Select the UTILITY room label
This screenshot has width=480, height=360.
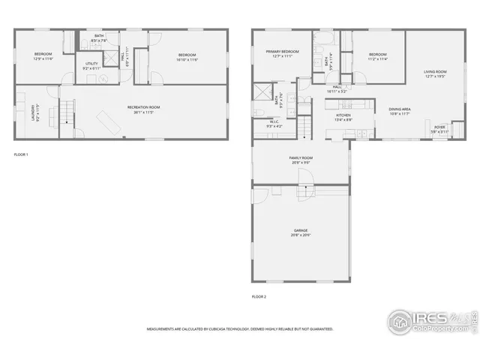click(91, 64)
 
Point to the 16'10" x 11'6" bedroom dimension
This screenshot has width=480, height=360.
click(187, 59)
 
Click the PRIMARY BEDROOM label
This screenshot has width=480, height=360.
click(281, 52)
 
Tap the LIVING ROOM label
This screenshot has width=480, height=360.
click(434, 71)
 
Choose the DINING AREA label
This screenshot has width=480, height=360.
click(399, 109)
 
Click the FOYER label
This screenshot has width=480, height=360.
click(439, 127)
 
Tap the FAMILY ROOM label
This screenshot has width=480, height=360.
click(301, 157)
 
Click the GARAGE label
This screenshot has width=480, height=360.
click(301, 230)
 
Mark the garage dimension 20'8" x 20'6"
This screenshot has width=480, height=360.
click(301, 235)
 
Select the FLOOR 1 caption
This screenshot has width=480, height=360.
click(21, 154)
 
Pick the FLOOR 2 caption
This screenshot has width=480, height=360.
click(259, 296)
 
